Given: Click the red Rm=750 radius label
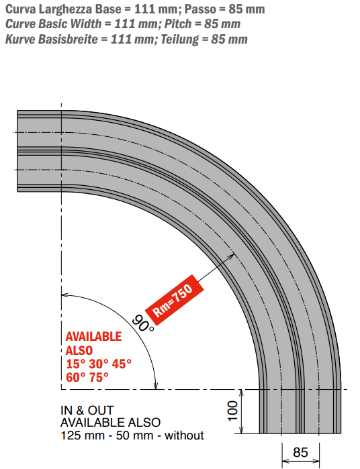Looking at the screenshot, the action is tap(175, 299).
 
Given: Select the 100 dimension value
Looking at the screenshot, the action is tap(232, 411).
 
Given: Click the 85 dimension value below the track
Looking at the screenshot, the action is tap(300, 452).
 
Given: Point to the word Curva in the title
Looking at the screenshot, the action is tap(21, 9).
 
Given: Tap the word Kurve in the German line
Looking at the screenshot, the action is tap(20, 39).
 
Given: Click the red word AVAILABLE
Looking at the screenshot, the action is tap(94, 337).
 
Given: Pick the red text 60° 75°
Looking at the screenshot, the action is tap(87, 378).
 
